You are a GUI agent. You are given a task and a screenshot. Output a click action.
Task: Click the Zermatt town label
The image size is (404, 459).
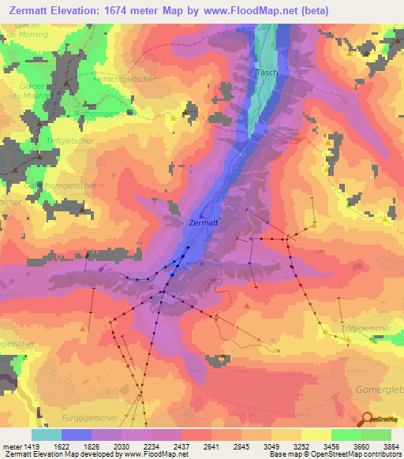[x=204, y=223]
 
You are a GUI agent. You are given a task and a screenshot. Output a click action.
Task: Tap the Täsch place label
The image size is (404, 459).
[x=265, y=73]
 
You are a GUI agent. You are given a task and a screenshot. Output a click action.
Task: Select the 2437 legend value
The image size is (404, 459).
[x=181, y=446]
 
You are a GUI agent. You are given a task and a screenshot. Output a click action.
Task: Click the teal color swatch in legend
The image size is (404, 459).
[x=47, y=435]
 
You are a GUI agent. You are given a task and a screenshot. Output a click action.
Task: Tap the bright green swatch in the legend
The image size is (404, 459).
[x=346, y=435]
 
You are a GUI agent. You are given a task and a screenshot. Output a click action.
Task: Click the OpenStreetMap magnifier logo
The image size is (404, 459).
[x=367, y=420]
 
